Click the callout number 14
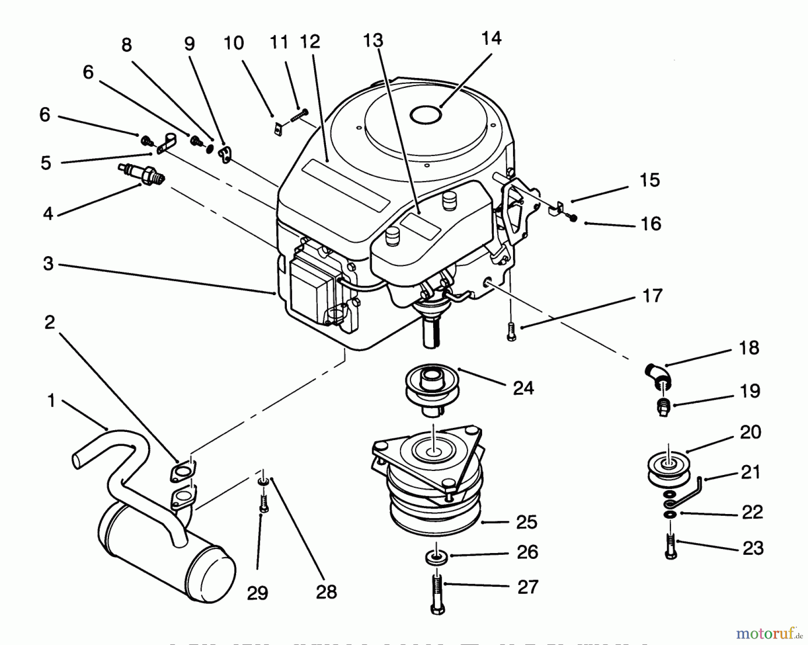click(x=491, y=39)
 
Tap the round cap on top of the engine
click(x=426, y=115)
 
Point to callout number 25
click(x=527, y=523)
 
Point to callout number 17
click(x=652, y=296)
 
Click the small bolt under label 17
click(x=511, y=332)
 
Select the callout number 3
click(x=48, y=264)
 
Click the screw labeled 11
click(x=299, y=115)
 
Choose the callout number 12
click(x=310, y=42)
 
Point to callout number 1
click(x=51, y=401)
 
